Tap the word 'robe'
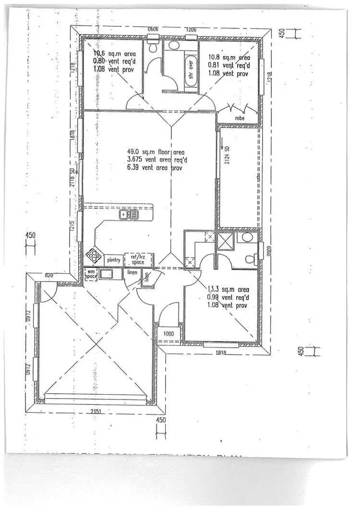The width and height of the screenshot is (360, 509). coord(240,118)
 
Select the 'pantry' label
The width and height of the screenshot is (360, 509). coord(114,260)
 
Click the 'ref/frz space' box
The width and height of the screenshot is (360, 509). coord(138,260)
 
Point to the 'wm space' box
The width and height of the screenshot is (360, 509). coord(91,274)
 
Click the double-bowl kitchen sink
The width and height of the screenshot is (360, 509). coord(129,214)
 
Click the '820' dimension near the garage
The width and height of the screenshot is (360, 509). coord(48,275)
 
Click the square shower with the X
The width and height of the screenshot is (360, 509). coord(225,241)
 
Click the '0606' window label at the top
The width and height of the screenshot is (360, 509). coord(153,29)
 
